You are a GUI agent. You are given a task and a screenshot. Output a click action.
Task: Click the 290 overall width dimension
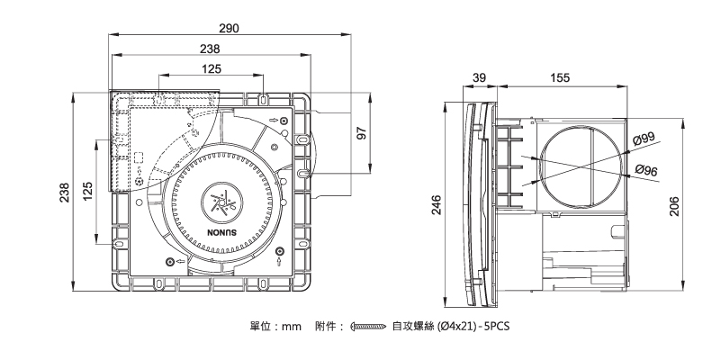(229, 30)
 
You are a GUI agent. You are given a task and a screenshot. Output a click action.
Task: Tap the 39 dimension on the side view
(479, 78)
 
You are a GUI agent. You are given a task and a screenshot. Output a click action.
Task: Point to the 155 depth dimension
(560, 78)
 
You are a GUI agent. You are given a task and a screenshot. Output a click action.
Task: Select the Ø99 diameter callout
(644, 139)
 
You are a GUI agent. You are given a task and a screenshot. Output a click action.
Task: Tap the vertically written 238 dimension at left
(65, 193)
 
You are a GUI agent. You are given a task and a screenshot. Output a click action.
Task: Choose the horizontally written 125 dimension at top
(212, 69)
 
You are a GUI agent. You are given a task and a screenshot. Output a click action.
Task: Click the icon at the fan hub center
(220, 201)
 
